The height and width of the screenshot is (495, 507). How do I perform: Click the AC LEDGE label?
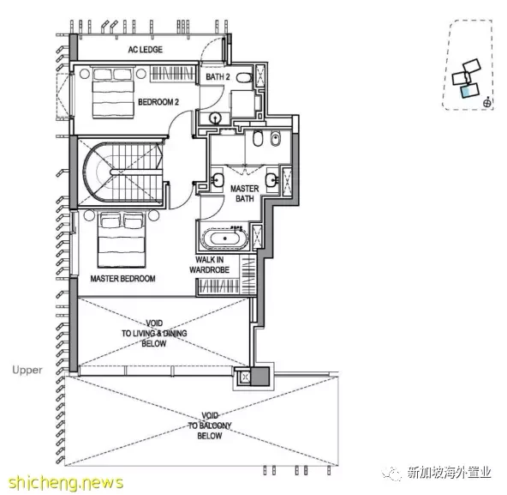(x=146, y=50)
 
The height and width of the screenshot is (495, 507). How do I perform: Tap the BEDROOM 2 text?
(x=158, y=102)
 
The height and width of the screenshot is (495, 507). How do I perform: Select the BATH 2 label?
(x=218, y=76)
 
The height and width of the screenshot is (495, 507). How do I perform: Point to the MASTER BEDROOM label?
(x=122, y=279)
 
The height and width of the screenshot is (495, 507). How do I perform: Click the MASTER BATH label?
(x=244, y=193)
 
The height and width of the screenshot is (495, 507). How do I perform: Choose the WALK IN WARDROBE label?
(x=210, y=265)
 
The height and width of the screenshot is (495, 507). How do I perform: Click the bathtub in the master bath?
(x=225, y=238)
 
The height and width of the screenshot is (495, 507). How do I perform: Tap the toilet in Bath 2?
(x=244, y=77)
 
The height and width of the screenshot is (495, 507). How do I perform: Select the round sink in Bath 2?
(x=215, y=118)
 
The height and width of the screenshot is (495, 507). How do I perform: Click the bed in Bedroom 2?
(x=113, y=93)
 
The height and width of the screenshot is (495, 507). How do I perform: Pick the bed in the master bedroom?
(x=122, y=240)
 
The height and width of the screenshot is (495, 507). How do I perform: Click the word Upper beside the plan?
(x=27, y=370)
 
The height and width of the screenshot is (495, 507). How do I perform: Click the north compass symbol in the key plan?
(x=486, y=103)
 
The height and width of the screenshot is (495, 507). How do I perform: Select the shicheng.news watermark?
(x=66, y=482)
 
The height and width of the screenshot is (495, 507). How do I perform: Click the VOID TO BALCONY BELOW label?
(x=210, y=426)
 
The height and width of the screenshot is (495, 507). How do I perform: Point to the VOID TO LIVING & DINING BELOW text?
(x=154, y=334)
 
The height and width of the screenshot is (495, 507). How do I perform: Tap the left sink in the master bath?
(x=218, y=179)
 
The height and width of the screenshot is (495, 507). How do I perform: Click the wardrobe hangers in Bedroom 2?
(x=173, y=73)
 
